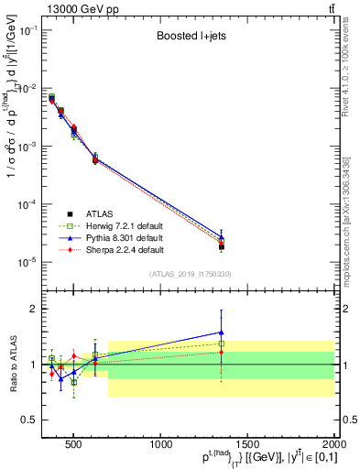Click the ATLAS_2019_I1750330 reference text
coord(189,274)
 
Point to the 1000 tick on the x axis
coord(163,443)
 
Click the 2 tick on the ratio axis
coord(37,309)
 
